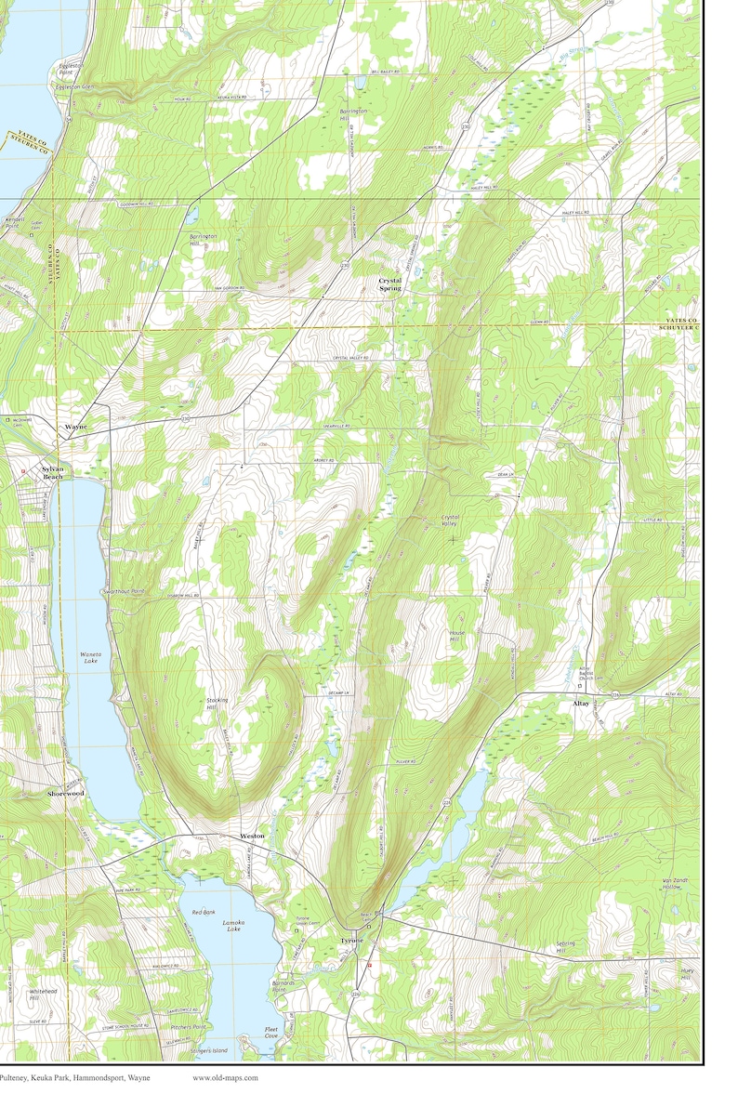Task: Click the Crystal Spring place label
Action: tap(390, 284)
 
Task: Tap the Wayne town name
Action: tap(75, 427)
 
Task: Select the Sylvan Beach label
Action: tap(53, 473)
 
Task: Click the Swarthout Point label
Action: tap(125, 591)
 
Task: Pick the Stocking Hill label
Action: tap(217, 704)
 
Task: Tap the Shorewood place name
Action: tap(66, 794)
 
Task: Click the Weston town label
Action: tap(252, 837)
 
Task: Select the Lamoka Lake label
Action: tap(232, 926)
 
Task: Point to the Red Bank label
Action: tap(204, 913)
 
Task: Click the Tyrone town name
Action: tap(352, 941)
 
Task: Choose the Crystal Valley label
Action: tap(451, 520)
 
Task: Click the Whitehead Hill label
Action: tap(41, 995)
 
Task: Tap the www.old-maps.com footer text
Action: tap(225, 1078)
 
